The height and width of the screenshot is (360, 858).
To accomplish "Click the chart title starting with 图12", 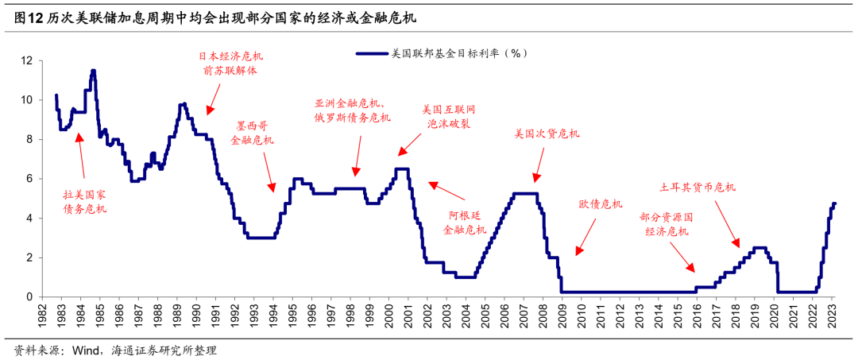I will point(215,17).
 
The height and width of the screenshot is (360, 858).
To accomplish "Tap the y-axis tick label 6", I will point(29,179).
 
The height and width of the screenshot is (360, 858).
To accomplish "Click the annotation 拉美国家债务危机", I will point(84,202).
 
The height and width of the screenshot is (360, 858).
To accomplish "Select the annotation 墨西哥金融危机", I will point(252,133).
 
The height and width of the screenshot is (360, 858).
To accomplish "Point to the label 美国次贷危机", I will point(547,134).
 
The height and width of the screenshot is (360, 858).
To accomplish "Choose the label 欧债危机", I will point(600,205).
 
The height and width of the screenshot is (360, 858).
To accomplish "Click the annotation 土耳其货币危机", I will point(698,188).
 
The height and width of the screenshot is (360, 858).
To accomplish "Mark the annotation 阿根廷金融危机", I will point(464,223).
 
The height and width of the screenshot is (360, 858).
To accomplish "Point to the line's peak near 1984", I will point(93,71).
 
